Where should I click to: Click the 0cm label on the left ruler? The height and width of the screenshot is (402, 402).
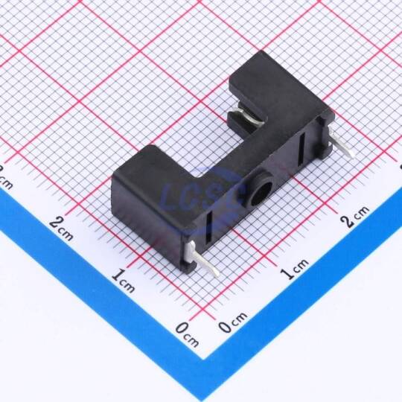[188, 334]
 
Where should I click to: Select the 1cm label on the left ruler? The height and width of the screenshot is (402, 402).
[124, 281]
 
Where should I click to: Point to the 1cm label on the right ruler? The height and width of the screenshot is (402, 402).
[294, 269]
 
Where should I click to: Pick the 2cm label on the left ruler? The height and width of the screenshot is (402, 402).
[61, 229]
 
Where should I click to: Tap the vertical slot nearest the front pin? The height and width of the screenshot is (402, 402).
[209, 227]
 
